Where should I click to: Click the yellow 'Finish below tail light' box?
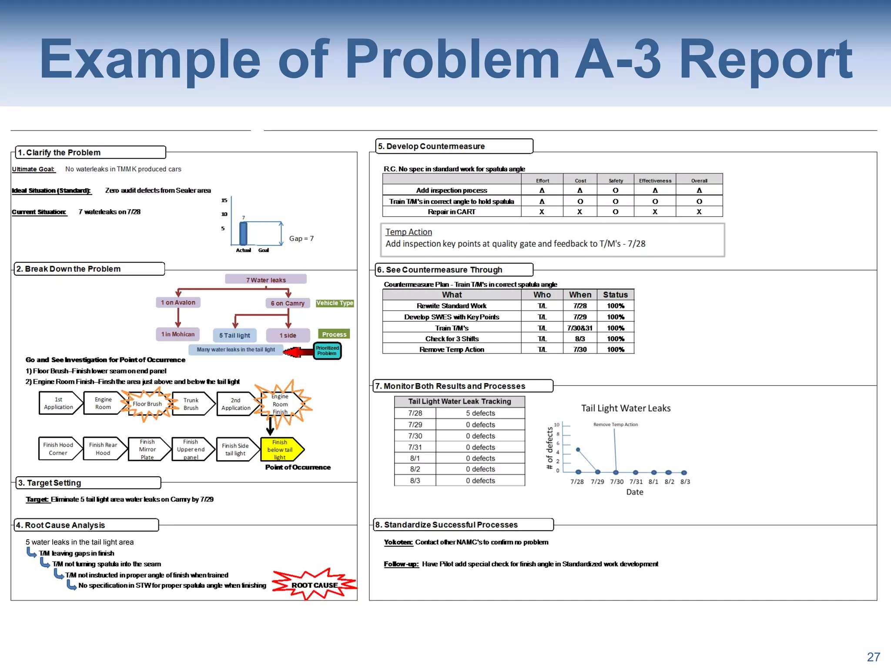click(x=280, y=449)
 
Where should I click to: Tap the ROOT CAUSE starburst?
click(x=314, y=585)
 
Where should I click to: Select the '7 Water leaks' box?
click(x=265, y=280)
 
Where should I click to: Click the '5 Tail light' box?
click(x=234, y=335)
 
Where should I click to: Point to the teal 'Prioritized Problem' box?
click(x=327, y=351)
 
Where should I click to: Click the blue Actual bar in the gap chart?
click(x=243, y=234)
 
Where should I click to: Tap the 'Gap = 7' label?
click(x=301, y=238)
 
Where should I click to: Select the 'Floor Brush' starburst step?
click(x=147, y=404)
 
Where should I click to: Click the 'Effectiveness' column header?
click(x=655, y=180)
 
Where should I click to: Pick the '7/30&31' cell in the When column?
click(x=579, y=328)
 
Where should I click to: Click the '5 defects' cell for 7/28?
click(x=480, y=413)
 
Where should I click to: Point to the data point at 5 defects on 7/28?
click(x=578, y=450)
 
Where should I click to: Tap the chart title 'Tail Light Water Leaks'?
click(x=626, y=408)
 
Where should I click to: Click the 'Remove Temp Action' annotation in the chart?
click(x=615, y=424)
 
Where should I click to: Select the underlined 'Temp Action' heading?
click(x=409, y=232)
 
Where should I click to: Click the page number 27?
click(x=873, y=657)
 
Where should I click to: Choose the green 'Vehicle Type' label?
click(x=335, y=303)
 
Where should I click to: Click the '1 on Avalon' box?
click(x=178, y=302)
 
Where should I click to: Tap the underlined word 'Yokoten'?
click(x=398, y=542)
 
